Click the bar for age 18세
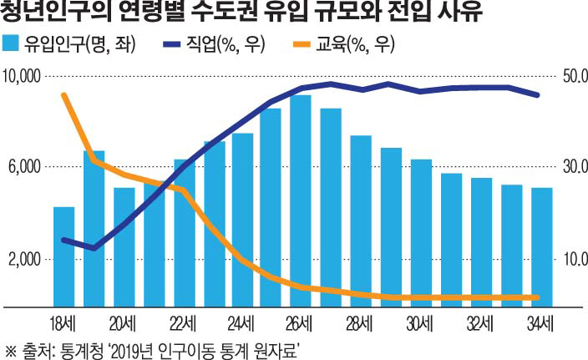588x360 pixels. (64, 255)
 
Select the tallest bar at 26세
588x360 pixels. (301, 200)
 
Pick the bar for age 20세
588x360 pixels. (124, 246)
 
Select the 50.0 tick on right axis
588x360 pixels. (575, 77)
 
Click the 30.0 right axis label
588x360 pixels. (575, 167)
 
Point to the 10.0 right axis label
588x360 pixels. (575, 260)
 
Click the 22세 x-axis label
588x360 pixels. (183, 322)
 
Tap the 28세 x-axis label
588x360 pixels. (360, 322)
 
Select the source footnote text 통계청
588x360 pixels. (78, 349)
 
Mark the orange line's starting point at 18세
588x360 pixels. (64, 94)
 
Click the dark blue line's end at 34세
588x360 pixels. (538, 95)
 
